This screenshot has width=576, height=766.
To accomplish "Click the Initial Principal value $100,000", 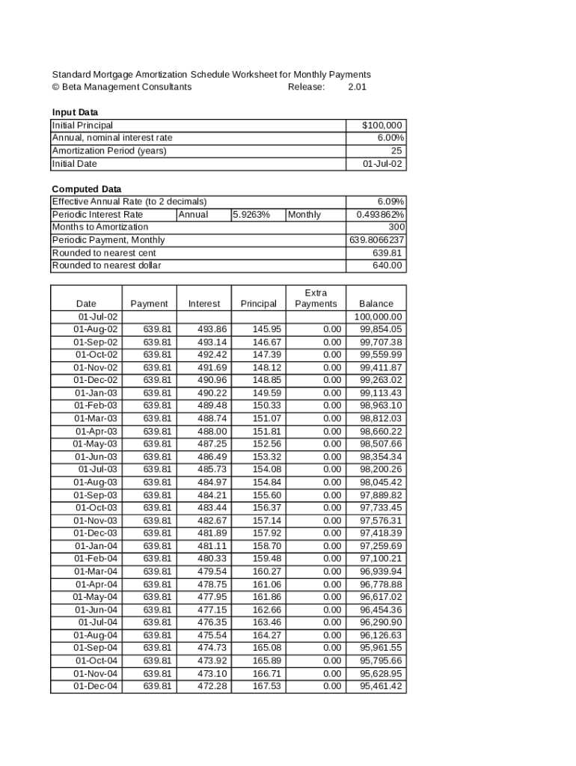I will point(382,126).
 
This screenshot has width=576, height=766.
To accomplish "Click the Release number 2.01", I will point(358,87).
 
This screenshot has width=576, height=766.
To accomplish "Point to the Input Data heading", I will point(75,112).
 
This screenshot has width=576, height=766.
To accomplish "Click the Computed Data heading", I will point(86,189).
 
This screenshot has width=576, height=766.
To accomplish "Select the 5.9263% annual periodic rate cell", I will point(251,215).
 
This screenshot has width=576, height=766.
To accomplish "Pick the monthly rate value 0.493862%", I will point(381,215).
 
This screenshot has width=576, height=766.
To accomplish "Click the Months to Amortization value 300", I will point(396,227).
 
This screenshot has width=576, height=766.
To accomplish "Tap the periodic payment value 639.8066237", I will point(377,240).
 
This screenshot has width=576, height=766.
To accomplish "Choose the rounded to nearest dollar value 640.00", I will point(387,266).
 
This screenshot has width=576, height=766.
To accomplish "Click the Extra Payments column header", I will point(316,298).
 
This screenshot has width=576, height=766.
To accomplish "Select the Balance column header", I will point(376,304).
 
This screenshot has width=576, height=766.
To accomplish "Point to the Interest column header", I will point(204,304).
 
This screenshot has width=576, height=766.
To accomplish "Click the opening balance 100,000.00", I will point(379,316).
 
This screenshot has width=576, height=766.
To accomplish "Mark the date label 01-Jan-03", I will point(96,393).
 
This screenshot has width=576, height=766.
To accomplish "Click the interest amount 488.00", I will point(212,432).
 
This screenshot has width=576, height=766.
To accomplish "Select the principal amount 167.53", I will point(267,686).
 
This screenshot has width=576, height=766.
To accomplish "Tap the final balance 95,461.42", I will point(381,686).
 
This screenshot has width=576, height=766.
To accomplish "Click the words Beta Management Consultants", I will point(126,87).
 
